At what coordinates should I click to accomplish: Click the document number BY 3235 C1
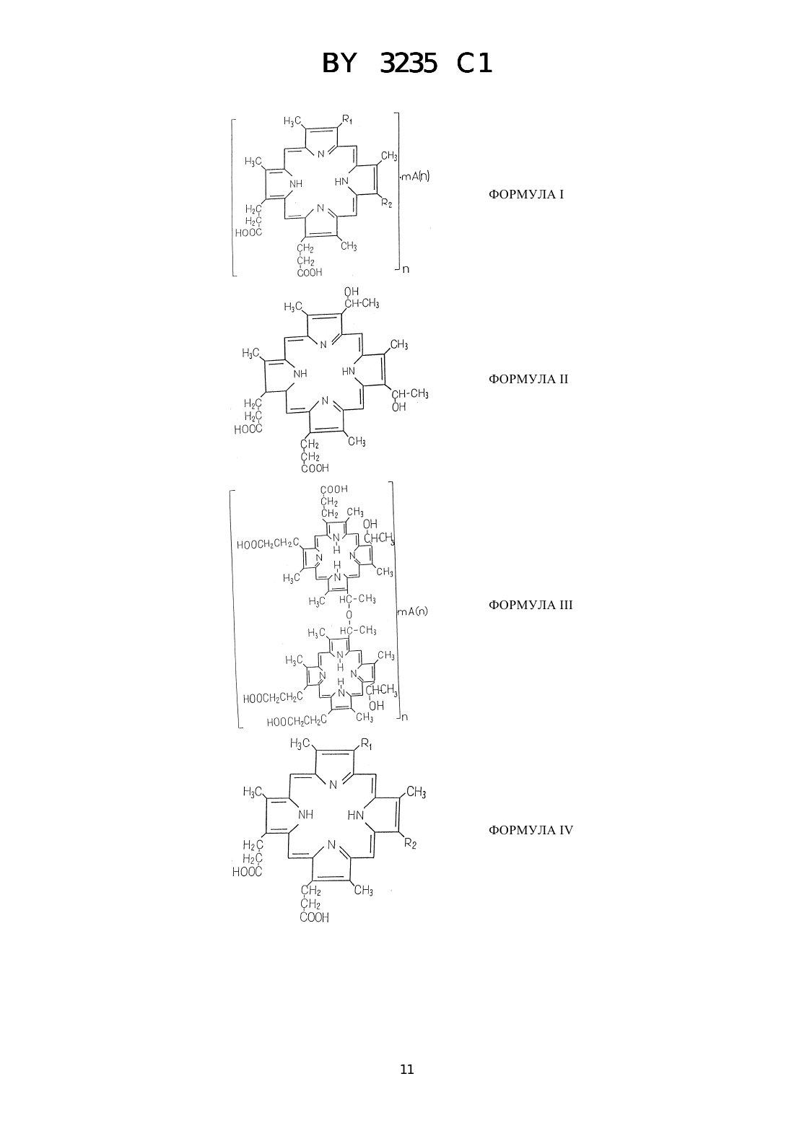click(407, 64)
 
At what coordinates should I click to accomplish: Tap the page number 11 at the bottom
click(407, 1070)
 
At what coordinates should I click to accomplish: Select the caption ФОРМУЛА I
click(525, 195)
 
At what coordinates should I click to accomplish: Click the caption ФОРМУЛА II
click(528, 379)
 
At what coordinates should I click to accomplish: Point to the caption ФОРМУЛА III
click(531, 605)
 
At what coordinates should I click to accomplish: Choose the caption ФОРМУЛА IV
click(531, 830)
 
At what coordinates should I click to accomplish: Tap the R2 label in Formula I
click(386, 203)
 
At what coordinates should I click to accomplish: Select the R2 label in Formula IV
click(410, 844)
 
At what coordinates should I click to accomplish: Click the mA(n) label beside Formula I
click(415, 176)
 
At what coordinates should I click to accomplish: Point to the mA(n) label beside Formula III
click(413, 611)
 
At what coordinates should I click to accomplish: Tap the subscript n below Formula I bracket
click(406, 269)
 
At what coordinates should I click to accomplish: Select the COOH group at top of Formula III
click(333, 489)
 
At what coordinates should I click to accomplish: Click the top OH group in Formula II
click(352, 292)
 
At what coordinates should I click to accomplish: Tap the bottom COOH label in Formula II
click(315, 468)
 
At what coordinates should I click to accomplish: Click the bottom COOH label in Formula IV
click(315, 917)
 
